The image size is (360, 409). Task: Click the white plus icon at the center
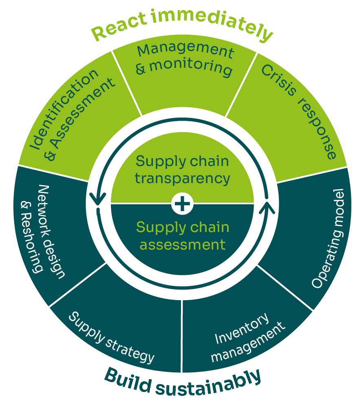click(182, 203)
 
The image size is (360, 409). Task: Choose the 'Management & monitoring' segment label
click(185, 60)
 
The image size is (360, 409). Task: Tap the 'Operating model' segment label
click(328, 239)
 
